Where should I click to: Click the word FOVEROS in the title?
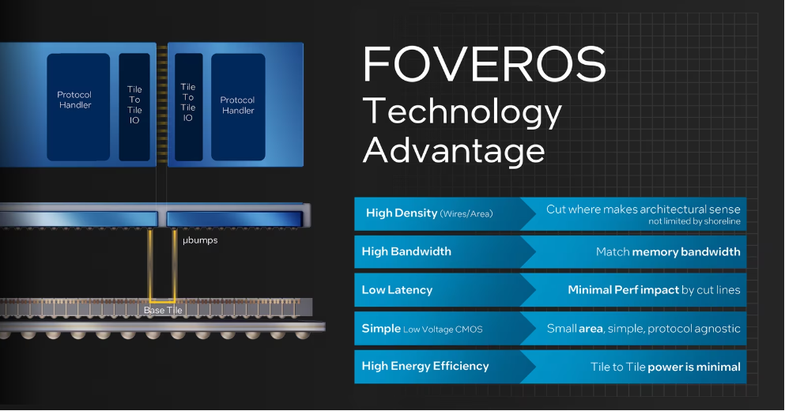pyautogui.click(x=484, y=64)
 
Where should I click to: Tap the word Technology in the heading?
pyautogui.click(x=462, y=111)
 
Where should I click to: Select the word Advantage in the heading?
pyautogui.click(x=454, y=150)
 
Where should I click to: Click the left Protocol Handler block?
pyautogui.click(x=78, y=107)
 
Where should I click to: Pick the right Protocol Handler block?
pyautogui.click(x=238, y=107)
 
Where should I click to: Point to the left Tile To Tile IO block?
pyautogui.click(x=134, y=107)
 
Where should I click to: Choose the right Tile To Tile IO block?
pyautogui.click(x=188, y=107)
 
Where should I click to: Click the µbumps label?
pyautogui.click(x=200, y=240)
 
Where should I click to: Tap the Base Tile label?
pyautogui.click(x=163, y=311)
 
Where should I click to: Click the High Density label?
pyautogui.click(x=402, y=213)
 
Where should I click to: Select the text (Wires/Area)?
pyautogui.click(x=466, y=213)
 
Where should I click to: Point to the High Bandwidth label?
pyautogui.click(x=406, y=251)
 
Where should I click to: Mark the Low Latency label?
pyautogui.click(x=397, y=290)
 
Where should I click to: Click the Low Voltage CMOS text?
pyautogui.click(x=443, y=330)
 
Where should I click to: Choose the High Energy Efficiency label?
pyautogui.click(x=425, y=367)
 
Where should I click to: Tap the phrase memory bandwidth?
pyautogui.click(x=686, y=252)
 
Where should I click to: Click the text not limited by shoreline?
pyautogui.click(x=694, y=221)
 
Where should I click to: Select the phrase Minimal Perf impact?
pyautogui.click(x=623, y=290)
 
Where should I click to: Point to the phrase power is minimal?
pyautogui.click(x=694, y=367)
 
